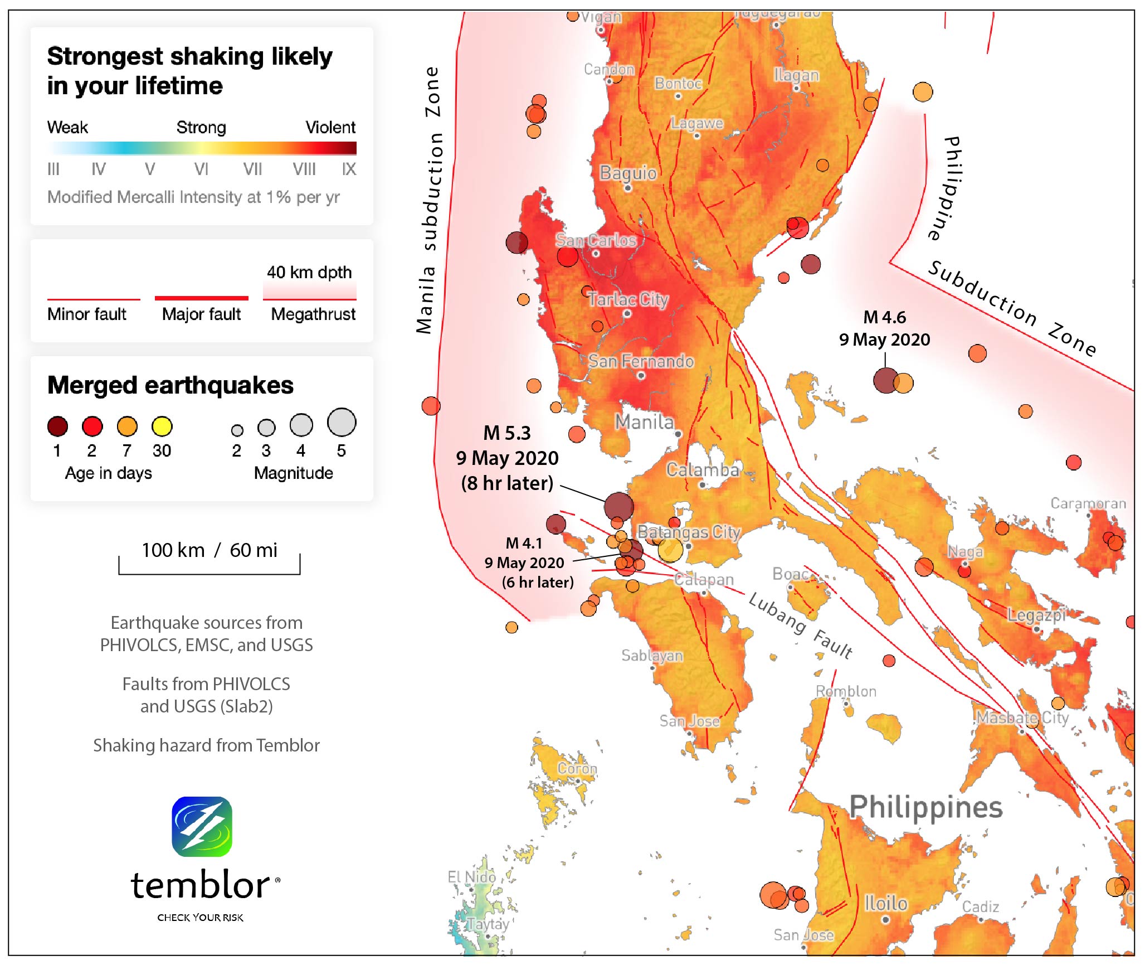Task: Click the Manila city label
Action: tap(644, 422)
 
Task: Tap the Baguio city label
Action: tap(628, 173)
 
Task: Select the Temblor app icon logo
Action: tap(202, 827)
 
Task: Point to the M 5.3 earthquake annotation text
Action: tap(506, 433)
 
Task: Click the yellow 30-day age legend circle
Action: tap(162, 426)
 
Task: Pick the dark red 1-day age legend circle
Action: tap(57, 426)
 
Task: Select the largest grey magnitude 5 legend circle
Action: tap(342, 422)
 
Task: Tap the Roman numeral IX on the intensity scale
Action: tap(349, 169)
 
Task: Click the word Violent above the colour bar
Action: tap(330, 127)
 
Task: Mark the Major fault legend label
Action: tap(201, 314)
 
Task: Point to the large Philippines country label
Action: tap(925, 807)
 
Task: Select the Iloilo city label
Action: tap(885, 903)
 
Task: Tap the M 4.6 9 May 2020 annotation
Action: tap(884, 328)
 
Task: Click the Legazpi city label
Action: tap(1036, 615)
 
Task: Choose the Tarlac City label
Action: tap(628, 299)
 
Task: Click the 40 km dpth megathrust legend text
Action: tap(309, 272)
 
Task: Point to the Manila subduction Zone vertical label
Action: tap(430, 201)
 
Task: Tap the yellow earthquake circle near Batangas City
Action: tap(670, 550)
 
